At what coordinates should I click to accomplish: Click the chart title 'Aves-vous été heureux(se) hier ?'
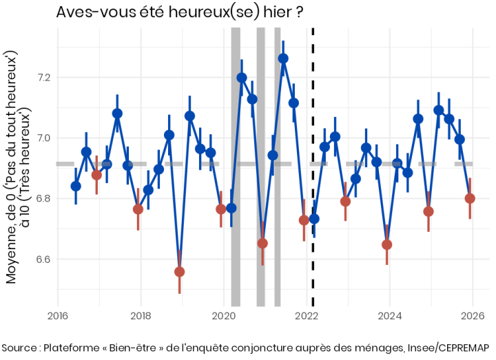point(180,13)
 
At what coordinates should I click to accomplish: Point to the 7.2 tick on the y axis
point(43,77)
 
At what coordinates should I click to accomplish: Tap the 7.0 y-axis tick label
point(43,138)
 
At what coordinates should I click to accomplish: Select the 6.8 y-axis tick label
point(43,199)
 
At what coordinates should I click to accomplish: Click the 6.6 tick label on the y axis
point(43,260)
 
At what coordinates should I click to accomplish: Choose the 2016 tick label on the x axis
point(57,317)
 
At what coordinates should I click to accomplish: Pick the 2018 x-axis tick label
point(141,317)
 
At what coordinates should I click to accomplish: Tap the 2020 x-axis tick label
point(224,317)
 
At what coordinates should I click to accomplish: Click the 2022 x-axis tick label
point(307,317)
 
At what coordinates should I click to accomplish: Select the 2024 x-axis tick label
point(390,317)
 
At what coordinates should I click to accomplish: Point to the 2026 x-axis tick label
point(473,317)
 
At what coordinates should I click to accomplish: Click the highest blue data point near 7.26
point(283,59)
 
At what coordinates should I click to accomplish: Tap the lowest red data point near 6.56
point(180,272)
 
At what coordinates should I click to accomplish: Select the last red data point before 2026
point(470,198)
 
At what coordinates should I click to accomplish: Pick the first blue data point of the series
point(76,186)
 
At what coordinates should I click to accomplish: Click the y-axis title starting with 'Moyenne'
point(17,165)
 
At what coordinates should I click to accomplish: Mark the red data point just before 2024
point(387,244)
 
